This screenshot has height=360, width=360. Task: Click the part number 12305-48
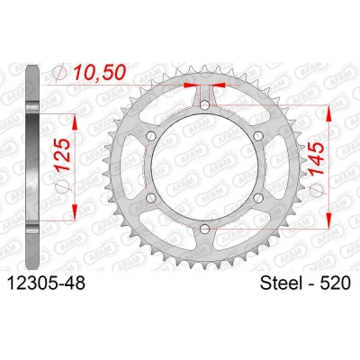(46, 283)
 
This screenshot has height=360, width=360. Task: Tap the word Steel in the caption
(282, 283)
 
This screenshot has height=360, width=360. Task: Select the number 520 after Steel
(336, 283)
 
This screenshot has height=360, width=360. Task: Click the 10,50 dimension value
(99, 73)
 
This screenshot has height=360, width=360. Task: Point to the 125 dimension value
(64, 155)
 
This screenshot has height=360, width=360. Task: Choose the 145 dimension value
(317, 158)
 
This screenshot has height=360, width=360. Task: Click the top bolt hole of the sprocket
(204, 105)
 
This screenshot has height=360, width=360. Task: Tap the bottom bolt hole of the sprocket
(204, 229)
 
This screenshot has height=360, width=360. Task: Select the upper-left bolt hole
(151, 136)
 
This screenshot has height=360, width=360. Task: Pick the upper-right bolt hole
(258, 136)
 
